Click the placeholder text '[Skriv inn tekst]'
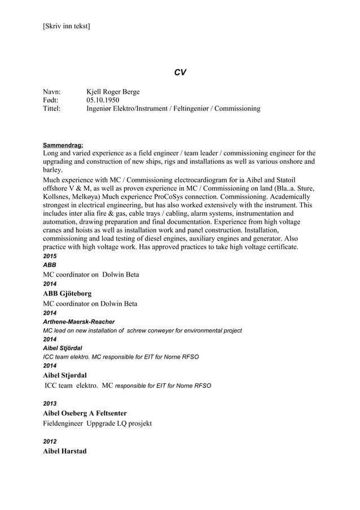pyautogui.click(x=66, y=26)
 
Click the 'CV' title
pyautogui.click(x=180, y=72)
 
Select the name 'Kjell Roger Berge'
pyautogui.click(x=113, y=91)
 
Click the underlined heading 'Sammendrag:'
pyautogui.click(x=64, y=145)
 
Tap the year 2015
pyautogui.click(x=50, y=256)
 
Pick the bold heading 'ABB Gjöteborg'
pyautogui.click(x=67, y=294)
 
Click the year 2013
pyautogui.click(x=50, y=404)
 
